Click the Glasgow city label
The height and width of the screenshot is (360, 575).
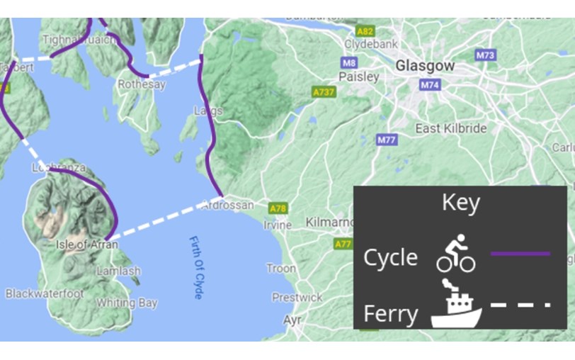point(425,65)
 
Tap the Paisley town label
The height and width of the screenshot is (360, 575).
point(359,77)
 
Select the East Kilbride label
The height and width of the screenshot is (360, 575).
point(451,128)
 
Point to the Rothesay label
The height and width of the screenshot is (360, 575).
point(142,84)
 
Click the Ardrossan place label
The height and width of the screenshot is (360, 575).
point(228,205)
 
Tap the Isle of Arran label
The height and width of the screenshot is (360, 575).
point(86,245)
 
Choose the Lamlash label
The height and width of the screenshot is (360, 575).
point(118,271)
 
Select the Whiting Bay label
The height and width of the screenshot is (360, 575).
point(127,303)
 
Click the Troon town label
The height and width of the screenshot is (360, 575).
point(281,269)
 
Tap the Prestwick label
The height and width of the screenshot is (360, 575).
point(297,298)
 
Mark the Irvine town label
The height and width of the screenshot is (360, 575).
point(277,225)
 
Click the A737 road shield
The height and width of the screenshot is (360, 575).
point(324,92)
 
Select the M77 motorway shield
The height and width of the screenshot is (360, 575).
point(387,140)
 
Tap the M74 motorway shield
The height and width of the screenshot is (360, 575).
point(430,85)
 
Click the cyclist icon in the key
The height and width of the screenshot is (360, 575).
point(455,254)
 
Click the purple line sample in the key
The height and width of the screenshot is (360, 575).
point(520,253)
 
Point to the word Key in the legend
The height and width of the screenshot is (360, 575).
point(460,203)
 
